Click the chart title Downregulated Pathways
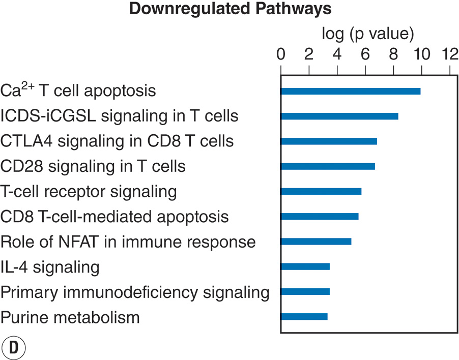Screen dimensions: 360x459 (230, 9)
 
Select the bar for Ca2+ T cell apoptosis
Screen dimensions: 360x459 (350, 91)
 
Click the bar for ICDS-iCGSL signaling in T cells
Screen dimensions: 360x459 (339, 116)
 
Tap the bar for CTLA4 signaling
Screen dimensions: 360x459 (329, 141)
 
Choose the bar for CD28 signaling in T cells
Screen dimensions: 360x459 (328, 166)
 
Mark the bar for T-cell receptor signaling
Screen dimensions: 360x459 (321, 191)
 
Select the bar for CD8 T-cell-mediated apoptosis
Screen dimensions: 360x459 (319, 216)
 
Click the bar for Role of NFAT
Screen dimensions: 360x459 (315, 241)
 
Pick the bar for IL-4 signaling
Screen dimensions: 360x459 (305, 266)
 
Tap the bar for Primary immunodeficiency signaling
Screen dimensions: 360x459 (305, 291)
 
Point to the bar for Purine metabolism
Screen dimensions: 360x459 (304, 316)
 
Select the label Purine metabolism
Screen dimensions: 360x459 (70, 318)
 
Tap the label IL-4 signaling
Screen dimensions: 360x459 (50, 266)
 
